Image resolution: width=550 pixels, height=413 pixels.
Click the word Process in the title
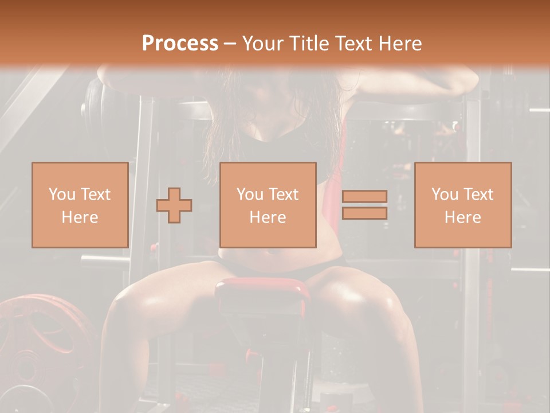click(180, 44)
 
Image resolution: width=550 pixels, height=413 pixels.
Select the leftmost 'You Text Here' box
click(80, 205)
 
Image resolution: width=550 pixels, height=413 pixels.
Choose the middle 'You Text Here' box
click(268, 205)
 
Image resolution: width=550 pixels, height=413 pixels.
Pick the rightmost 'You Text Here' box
click(462, 205)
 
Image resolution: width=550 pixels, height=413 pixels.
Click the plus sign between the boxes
click(174, 205)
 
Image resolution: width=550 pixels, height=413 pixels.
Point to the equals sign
click(364, 205)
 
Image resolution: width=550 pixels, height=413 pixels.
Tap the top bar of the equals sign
click(364, 197)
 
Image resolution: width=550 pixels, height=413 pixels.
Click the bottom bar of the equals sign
click(364, 213)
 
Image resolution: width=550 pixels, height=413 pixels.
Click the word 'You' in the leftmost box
click(61, 194)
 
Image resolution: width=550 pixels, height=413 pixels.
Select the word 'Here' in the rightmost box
click(462, 217)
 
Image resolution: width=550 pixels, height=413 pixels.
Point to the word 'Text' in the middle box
click(283, 194)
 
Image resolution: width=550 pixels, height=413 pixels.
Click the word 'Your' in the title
click(261, 44)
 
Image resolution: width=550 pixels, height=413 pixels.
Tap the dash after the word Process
click(230, 44)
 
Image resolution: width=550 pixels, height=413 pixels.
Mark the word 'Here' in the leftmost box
click(80, 217)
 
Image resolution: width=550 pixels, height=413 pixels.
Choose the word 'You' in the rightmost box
click(444, 194)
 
